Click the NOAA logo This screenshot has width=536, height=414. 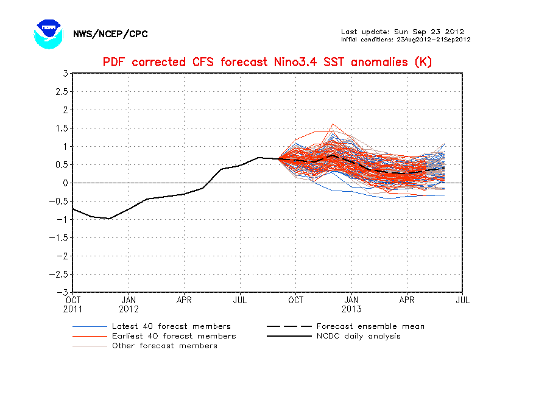49,33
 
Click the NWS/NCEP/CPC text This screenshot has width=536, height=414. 110,34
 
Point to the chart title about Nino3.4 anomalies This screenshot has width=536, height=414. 267,62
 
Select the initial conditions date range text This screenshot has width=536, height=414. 405,40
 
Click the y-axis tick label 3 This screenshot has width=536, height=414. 65,74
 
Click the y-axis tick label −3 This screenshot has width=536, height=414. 63,292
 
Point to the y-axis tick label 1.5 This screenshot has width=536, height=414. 62,128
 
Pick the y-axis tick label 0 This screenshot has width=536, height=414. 65,183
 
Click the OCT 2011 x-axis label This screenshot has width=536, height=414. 72,304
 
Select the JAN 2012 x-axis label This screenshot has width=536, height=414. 129,304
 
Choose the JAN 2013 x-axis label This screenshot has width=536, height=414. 351,304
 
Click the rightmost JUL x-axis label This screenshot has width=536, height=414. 462,300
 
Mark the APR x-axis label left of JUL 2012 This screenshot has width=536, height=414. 184,300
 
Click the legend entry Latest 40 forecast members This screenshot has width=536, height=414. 171,326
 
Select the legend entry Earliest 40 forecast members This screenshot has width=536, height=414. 174,336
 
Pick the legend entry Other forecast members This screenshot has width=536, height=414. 164,346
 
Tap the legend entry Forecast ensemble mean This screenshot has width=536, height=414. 370,326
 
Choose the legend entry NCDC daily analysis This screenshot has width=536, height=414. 359,336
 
